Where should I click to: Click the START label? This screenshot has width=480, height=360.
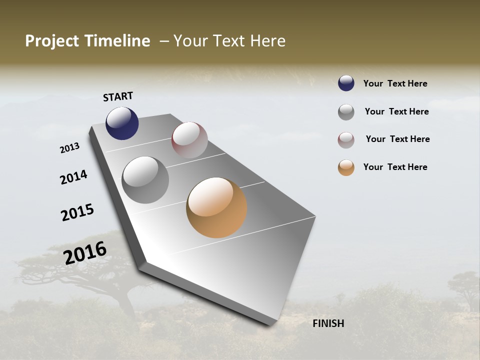click(x=118, y=96)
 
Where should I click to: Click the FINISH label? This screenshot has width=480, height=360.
click(x=328, y=323)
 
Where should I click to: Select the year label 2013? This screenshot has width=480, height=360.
click(x=70, y=148)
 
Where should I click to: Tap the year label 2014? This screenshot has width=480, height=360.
click(x=74, y=177)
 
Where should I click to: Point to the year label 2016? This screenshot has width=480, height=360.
click(x=85, y=252)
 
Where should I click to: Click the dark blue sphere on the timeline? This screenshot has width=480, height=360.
click(x=122, y=123)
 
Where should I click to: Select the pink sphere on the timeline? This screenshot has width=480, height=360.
click(x=189, y=140)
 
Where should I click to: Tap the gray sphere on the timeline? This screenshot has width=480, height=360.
click(x=145, y=180)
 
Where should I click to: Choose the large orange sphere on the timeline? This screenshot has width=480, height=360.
click(x=216, y=208)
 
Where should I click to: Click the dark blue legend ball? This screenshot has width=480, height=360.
click(x=346, y=83)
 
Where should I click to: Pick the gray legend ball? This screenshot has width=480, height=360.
click(x=346, y=112)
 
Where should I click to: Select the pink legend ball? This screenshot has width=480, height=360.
click(x=346, y=139)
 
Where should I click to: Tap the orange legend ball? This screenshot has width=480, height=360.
click(x=346, y=167)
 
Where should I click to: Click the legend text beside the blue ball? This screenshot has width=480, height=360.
click(x=395, y=84)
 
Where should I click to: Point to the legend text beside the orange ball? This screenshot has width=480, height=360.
click(x=395, y=167)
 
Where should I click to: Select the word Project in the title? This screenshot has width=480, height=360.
click(x=52, y=41)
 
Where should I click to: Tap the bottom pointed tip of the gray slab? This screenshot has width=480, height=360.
click(x=270, y=324)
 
